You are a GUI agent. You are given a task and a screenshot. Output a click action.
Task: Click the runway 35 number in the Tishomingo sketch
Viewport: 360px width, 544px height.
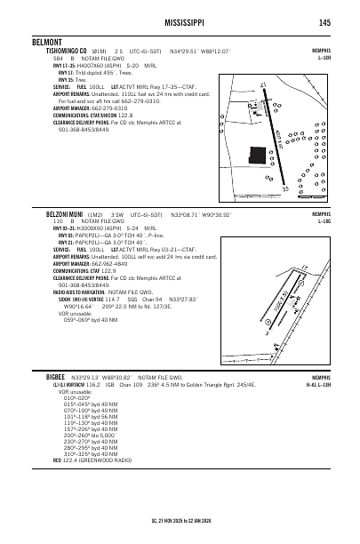(x=285, y=188)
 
